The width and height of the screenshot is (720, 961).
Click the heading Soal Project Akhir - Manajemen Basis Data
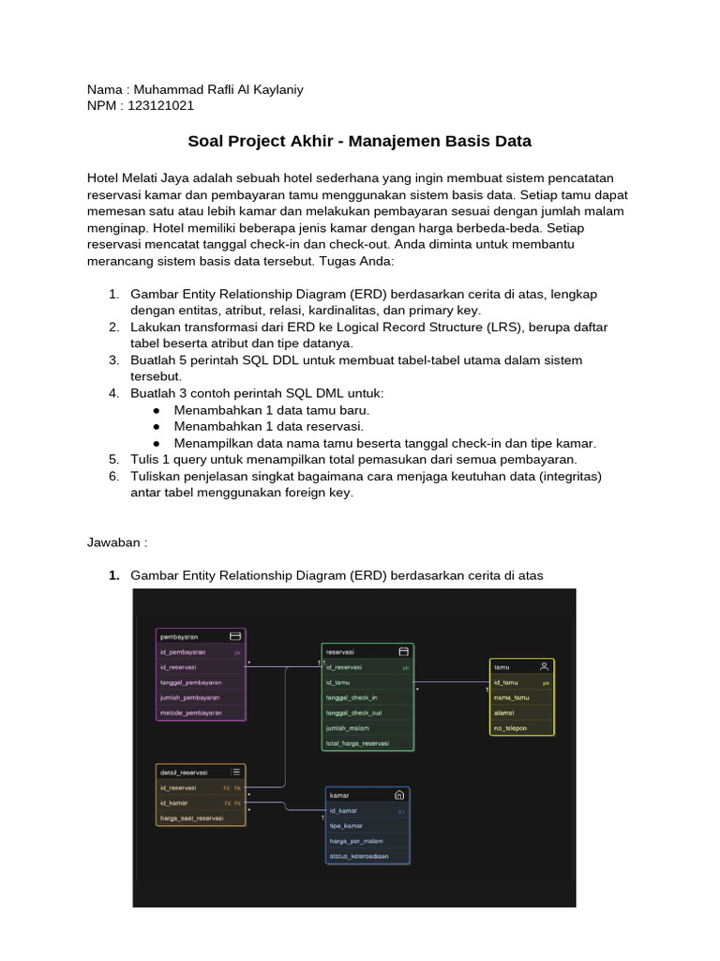click(359, 142)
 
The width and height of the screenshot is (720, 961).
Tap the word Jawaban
click(116, 542)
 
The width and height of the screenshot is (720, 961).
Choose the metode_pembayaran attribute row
click(191, 713)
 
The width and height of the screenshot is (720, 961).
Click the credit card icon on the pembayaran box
click(235, 635)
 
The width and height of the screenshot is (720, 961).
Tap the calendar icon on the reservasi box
click(403, 650)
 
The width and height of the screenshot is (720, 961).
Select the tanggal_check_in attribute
click(352, 697)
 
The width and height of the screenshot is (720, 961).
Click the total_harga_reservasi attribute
click(357, 743)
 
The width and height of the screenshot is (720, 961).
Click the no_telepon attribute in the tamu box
click(512, 727)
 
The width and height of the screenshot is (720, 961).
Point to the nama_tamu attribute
click(512, 697)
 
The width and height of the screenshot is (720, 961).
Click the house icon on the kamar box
click(399, 794)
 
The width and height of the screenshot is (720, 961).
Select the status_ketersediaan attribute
click(360, 856)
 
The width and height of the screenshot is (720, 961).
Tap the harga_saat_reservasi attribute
click(192, 818)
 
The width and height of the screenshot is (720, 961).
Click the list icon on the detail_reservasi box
click(235, 771)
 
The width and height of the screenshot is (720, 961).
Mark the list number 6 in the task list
click(113, 476)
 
